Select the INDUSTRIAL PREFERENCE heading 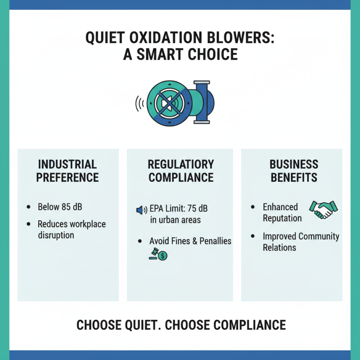[67, 171]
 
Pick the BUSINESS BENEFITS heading [294, 171]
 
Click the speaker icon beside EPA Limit [141, 210]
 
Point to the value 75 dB [203, 209]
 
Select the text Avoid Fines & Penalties [190, 241]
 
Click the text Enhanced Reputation [282, 212]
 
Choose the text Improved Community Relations [301, 242]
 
